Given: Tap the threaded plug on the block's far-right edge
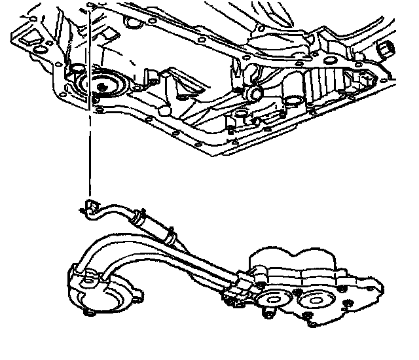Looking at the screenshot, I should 388,48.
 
